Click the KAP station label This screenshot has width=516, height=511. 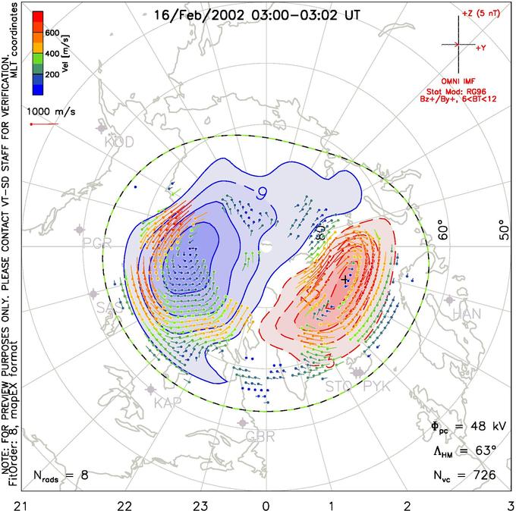tap(168, 401)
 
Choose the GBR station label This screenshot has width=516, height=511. tap(261, 436)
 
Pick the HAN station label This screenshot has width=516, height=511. tap(466, 313)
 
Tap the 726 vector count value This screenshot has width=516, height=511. tap(483, 476)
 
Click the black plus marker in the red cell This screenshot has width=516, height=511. tap(346, 279)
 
